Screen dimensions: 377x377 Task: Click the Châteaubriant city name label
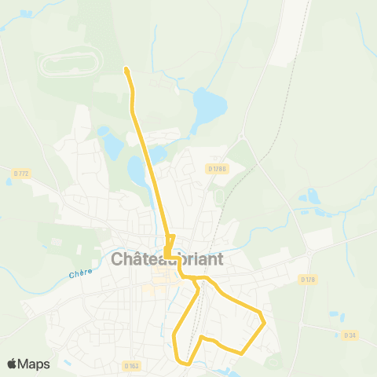168,259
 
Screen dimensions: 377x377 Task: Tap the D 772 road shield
20,173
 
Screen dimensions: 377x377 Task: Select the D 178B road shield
217,168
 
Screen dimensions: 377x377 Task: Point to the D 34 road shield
350,335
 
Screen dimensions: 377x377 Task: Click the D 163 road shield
131,365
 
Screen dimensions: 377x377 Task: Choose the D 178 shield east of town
307,279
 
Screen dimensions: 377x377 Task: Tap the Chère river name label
80,273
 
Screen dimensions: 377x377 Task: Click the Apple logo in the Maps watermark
13,364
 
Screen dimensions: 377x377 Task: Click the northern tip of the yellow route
126,71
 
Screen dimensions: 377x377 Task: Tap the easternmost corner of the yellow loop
265,321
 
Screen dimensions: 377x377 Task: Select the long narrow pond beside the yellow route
137,170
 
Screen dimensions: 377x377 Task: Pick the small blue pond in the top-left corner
27,14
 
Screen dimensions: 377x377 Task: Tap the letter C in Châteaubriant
118,259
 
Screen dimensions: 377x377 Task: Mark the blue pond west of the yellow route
112,145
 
